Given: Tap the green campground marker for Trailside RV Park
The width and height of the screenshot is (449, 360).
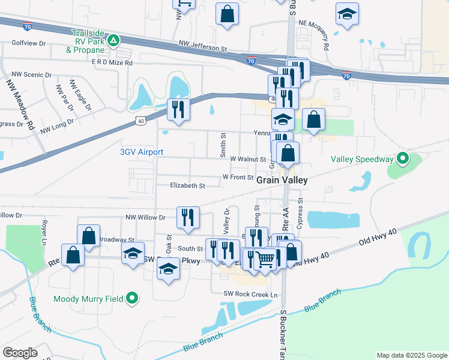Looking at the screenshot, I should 113,41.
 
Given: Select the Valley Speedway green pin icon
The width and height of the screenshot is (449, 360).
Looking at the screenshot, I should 402,159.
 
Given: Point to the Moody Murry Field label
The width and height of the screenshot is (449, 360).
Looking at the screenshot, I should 88,298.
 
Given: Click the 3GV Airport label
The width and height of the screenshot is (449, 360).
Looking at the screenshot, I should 142,152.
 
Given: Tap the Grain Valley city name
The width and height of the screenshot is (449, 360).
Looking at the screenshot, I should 282,180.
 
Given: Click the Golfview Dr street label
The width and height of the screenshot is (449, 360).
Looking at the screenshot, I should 28,44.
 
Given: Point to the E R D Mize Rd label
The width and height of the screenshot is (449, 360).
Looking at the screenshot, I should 112,62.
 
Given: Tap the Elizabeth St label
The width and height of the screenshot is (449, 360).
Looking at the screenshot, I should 187,186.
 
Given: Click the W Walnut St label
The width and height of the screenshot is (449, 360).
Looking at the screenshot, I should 247,160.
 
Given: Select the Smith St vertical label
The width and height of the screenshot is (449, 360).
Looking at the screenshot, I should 223,146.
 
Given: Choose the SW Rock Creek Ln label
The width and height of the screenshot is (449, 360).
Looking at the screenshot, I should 250,294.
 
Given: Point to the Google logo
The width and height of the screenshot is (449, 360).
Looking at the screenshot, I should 20,353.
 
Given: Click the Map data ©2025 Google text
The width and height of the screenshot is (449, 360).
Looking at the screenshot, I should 411,355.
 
